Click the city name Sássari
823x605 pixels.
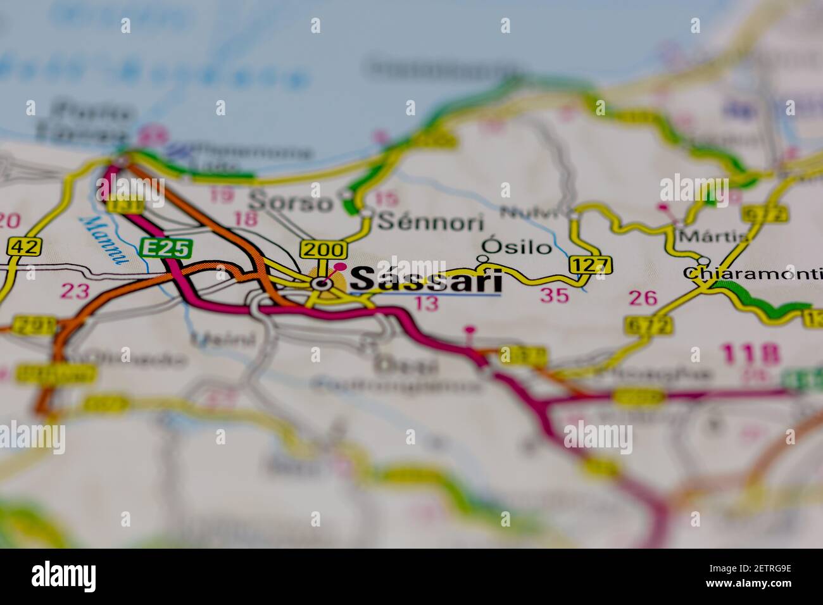click(x=425, y=280)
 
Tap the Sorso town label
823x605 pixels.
click(x=291, y=202)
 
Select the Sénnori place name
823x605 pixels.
click(x=430, y=222)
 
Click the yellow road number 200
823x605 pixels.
click(x=324, y=249)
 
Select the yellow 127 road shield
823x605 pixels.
click(x=591, y=265)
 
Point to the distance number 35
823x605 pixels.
click(x=555, y=296)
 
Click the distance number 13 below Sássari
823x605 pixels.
click(x=426, y=304)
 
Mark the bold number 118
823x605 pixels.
click(x=750, y=354)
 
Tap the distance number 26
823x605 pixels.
click(x=643, y=298)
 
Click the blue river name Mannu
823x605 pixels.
click(x=104, y=239)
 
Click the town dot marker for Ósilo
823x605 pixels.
click(x=482, y=259)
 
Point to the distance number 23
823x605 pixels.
click(x=75, y=292)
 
